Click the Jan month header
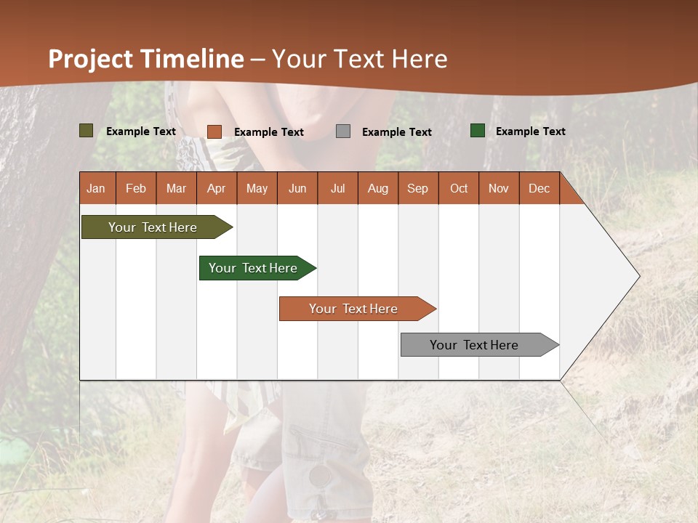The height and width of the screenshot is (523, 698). [97, 188]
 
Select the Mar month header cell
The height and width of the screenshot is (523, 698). [176, 188]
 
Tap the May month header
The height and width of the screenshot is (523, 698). [257, 188]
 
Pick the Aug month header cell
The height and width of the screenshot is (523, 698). [377, 188]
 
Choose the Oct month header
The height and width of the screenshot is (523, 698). [459, 188]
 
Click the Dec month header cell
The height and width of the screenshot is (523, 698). [539, 188]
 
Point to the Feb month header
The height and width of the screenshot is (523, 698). [136, 188]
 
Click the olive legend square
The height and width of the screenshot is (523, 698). [86, 131]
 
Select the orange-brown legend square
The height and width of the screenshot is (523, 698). [214, 131]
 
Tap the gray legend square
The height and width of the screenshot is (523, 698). [342, 131]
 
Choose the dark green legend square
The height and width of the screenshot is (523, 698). [477, 131]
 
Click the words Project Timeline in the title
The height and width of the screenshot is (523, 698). [145, 59]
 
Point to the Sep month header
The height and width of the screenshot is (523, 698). [417, 188]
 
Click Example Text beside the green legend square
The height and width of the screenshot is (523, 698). [530, 131]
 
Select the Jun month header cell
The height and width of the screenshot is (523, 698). [297, 188]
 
